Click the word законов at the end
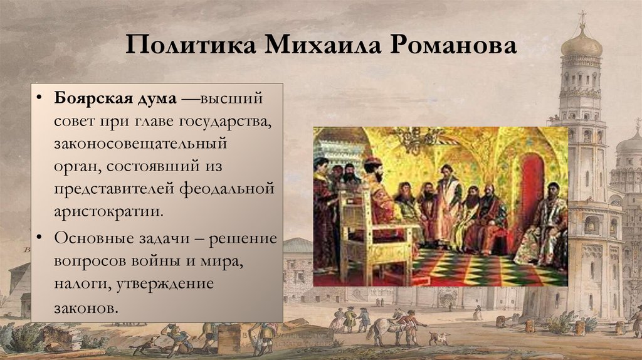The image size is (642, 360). pos(85,309)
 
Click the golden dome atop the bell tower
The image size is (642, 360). pos(581,44)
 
